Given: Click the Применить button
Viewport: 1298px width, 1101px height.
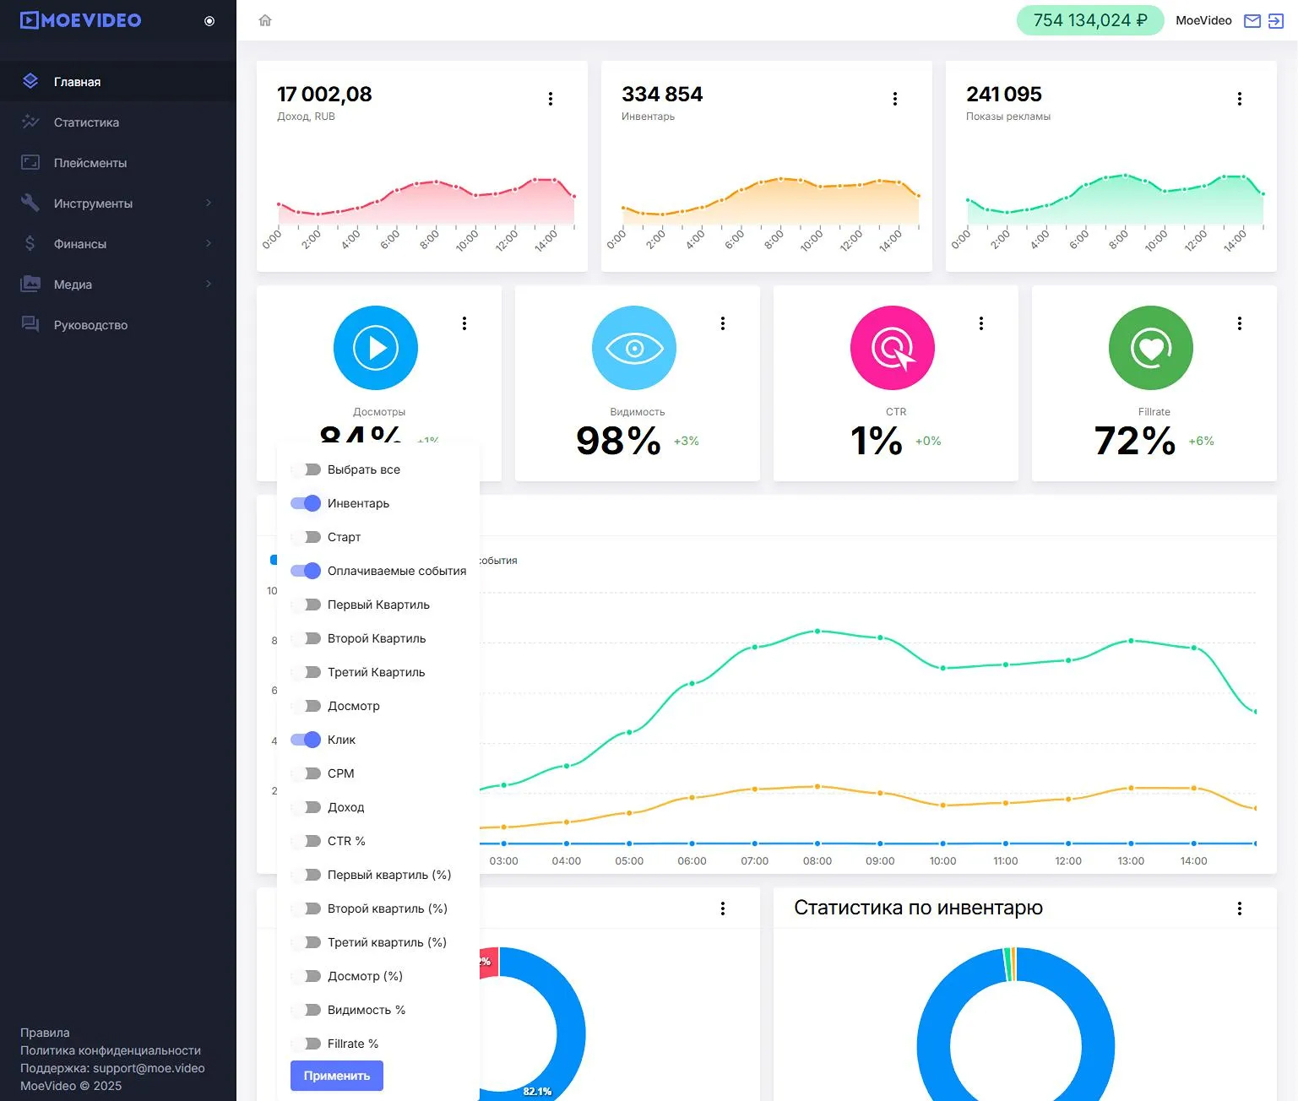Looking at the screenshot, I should pyautogui.click(x=336, y=1076).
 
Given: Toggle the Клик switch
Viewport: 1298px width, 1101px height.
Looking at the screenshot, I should pyautogui.click(x=306, y=740).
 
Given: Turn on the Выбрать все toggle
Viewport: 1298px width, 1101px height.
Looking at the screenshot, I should pyautogui.click(x=306, y=469).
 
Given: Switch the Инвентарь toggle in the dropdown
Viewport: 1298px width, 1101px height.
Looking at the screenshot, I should pyautogui.click(x=306, y=503).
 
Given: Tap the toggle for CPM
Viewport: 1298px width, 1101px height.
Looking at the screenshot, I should pyautogui.click(x=306, y=773).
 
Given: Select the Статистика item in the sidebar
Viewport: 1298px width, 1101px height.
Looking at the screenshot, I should pyautogui.click(x=86, y=122).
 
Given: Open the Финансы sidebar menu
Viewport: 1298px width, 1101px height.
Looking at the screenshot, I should pyautogui.click(x=80, y=244).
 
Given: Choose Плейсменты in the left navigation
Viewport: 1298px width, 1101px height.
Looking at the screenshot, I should pyautogui.click(x=90, y=163).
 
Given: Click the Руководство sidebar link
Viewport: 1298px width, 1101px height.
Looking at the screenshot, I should pyautogui.click(x=90, y=325).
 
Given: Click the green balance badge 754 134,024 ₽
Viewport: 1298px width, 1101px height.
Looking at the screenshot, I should pyautogui.click(x=1089, y=20).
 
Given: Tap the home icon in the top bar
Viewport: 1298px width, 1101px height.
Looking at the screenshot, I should pyautogui.click(x=265, y=20).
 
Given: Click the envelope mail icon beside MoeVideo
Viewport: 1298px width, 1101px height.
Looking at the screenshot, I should pyautogui.click(x=1252, y=21).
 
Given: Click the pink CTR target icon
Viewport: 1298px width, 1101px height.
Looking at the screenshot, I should pyautogui.click(x=893, y=348).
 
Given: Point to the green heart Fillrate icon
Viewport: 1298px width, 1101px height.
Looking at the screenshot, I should pyautogui.click(x=1151, y=348).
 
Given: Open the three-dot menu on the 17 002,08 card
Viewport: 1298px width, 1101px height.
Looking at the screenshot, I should pyautogui.click(x=551, y=99).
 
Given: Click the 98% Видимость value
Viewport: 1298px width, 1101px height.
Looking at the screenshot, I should pyautogui.click(x=618, y=441).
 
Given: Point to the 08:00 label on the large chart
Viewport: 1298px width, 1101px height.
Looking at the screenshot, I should pyautogui.click(x=817, y=861).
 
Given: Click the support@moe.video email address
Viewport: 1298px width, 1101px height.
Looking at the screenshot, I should pyautogui.click(x=149, y=1068).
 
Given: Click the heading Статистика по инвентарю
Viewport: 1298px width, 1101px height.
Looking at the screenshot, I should pyautogui.click(x=918, y=908).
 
